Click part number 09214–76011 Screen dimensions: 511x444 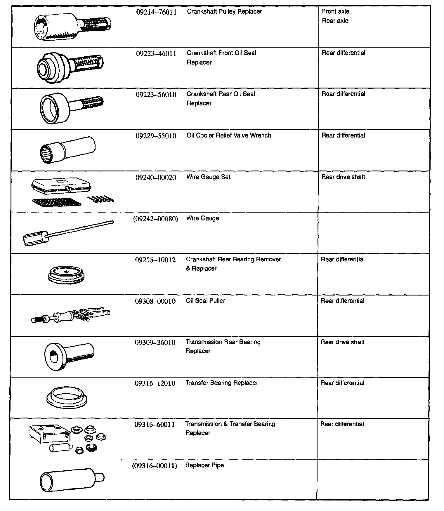pyautogui.click(x=156, y=12)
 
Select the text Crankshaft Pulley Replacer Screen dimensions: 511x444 pyautogui.click(x=224, y=12)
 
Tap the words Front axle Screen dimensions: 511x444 pyautogui.click(x=335, y=12)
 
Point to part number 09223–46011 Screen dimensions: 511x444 pyautogui.click(x=156, y=54)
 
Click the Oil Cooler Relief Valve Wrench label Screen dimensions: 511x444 pyautogui.click(x=229, y=135)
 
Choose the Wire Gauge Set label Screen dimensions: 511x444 pyautogui.click(x=208, y=177)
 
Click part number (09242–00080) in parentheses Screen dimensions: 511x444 pyautogui.click(x=155, y=219)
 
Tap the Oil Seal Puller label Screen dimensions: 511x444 pyautogui.click(x=205, y=301)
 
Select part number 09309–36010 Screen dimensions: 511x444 pyautogui.click(x=155, y=343)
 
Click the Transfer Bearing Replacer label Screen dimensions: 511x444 pyautogui.click(x=222, y=383)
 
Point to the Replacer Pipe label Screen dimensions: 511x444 pyautogui.click(x=204, y=465)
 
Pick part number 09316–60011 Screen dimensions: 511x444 pyautogui.click(x=155, y=425)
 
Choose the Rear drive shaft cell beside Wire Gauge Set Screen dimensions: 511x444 pyautogui.click(x=343, y=177)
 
